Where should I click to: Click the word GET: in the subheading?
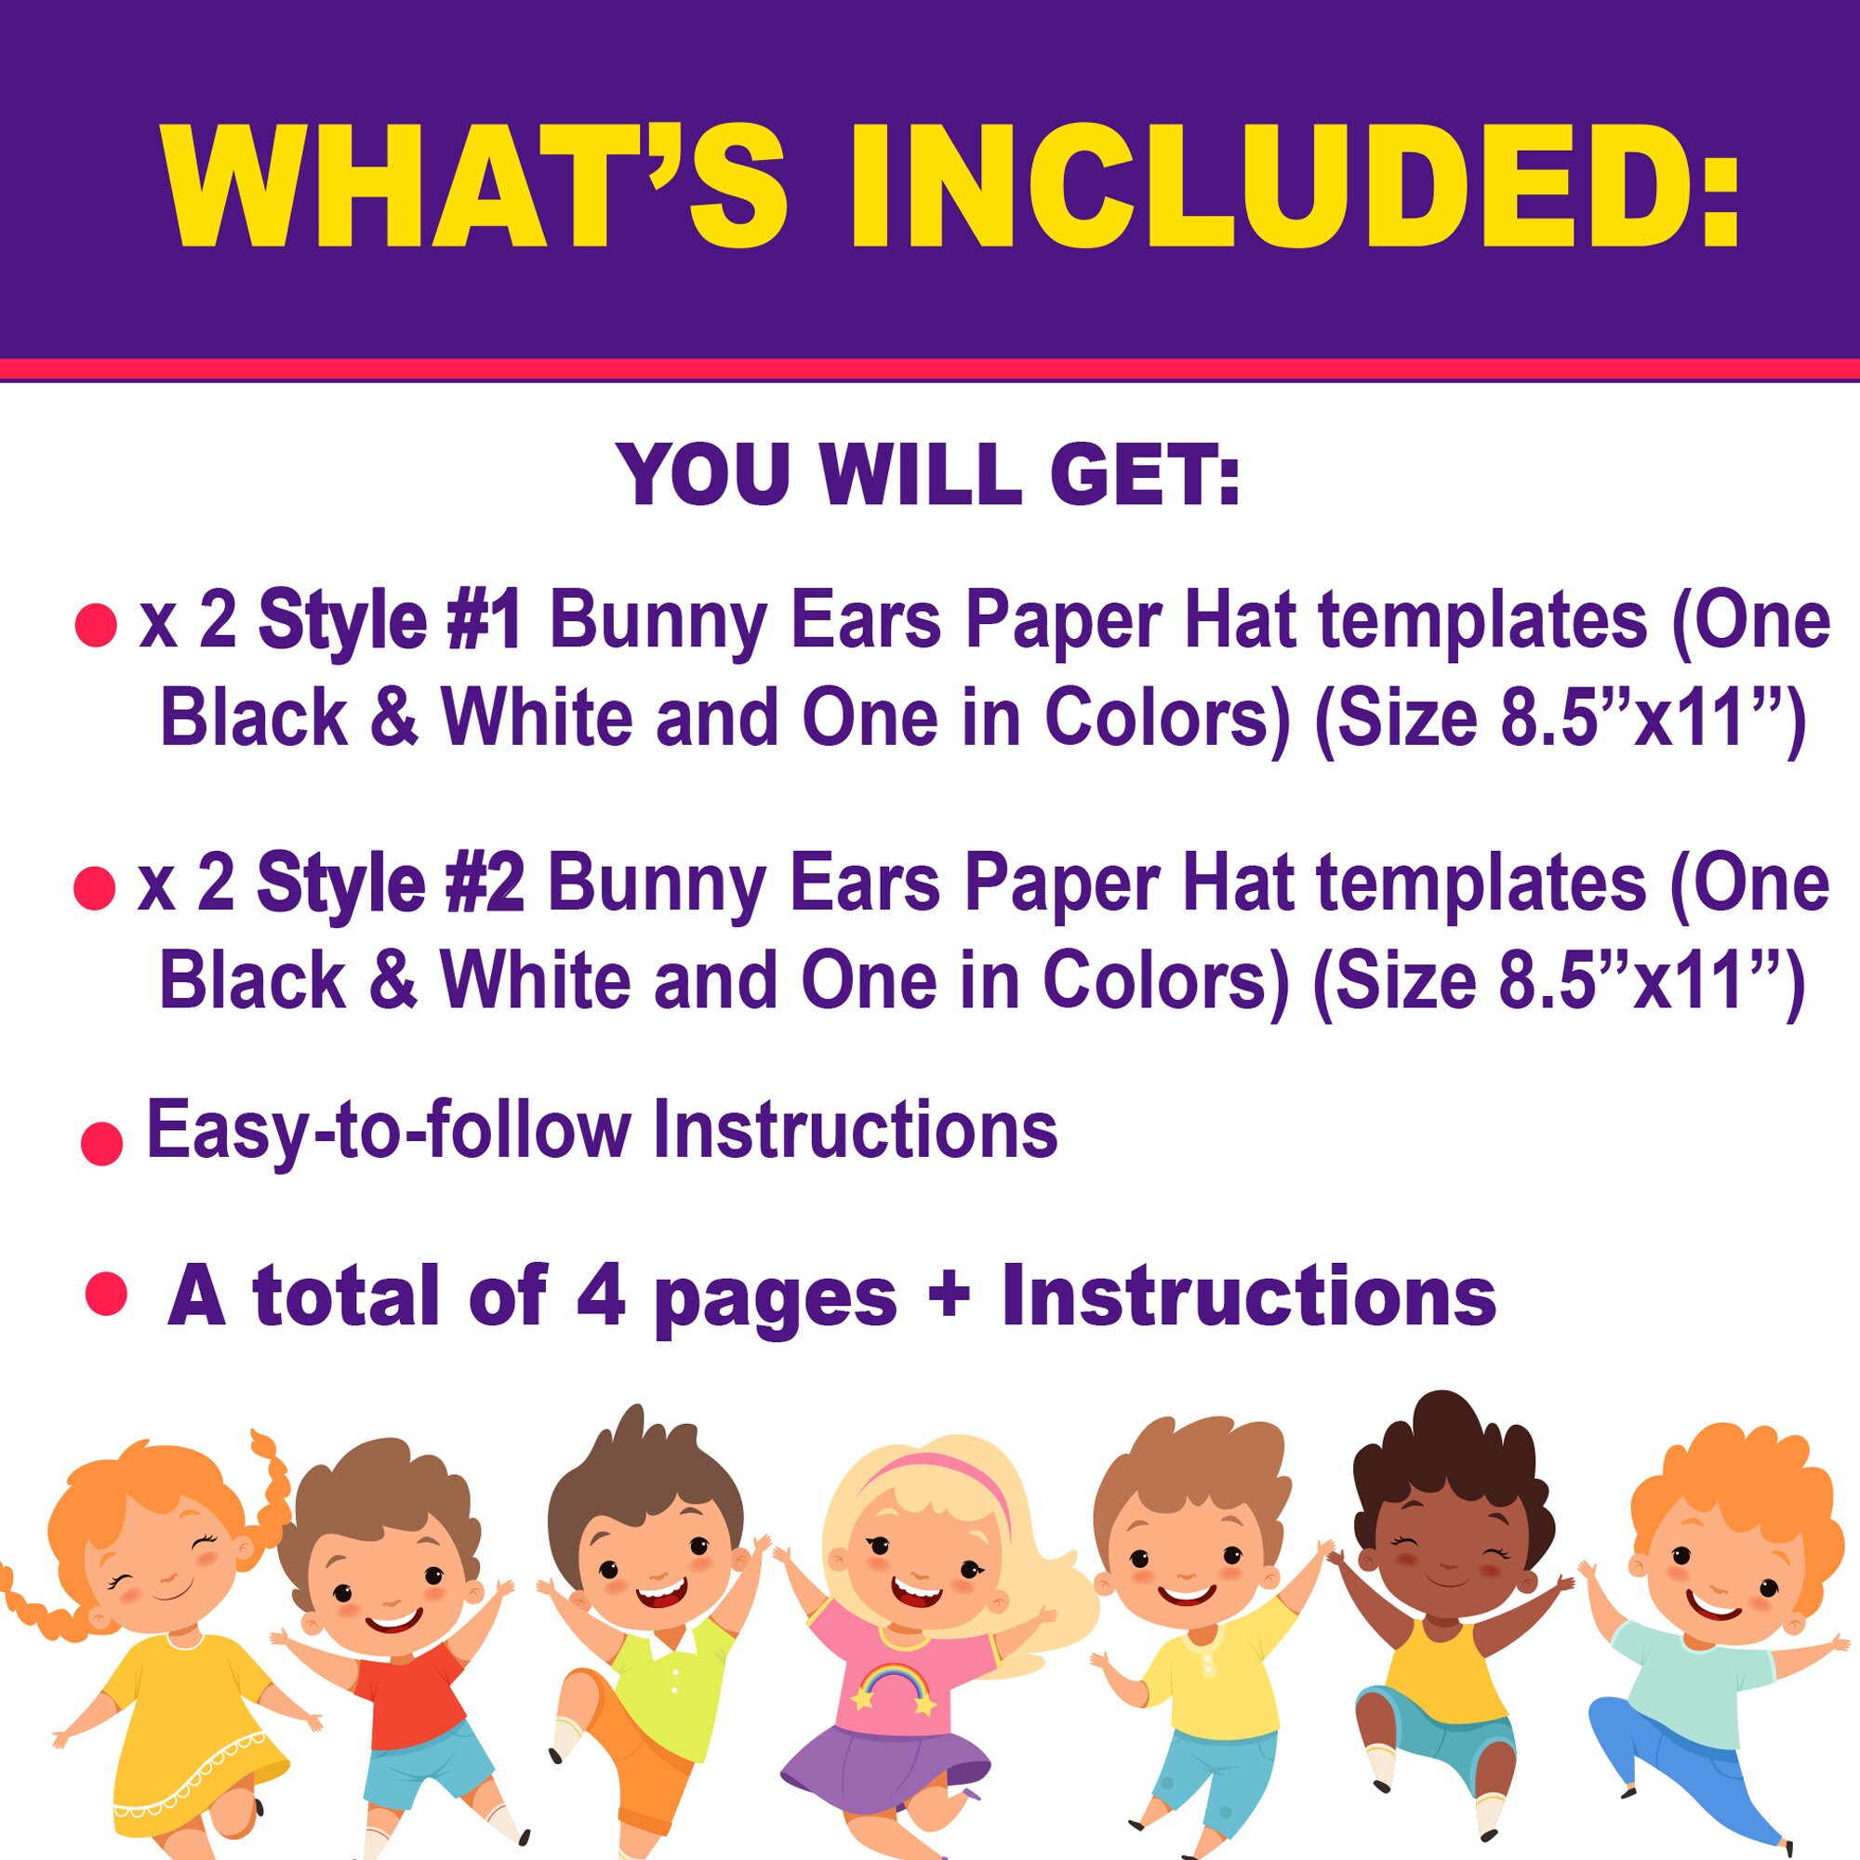pyautogui.click(x=1145, y=473)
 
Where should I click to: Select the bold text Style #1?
pyautogui.click(x=390, y=621)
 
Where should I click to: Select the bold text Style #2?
pyautogui.click(x=390, y=883)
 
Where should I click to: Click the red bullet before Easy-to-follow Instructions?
pyautogui.click(x=101, y=1144)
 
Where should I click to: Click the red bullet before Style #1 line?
pyautogui.click(x=97, y=626)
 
